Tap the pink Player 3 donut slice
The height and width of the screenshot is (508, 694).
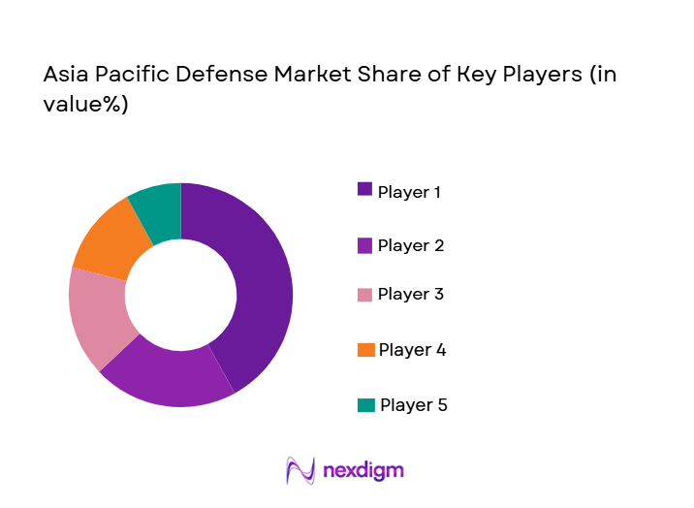coord(97,315)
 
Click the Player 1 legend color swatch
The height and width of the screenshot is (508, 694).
coord(364,189)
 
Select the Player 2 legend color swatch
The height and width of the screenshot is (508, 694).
coord(364,244)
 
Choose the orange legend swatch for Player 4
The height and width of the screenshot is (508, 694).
coord(364,349)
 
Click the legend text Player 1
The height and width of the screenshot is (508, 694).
coord(410,192)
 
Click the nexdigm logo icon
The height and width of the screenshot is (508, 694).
coord(300,470)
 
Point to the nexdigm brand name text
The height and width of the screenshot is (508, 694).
coord(363,471)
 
